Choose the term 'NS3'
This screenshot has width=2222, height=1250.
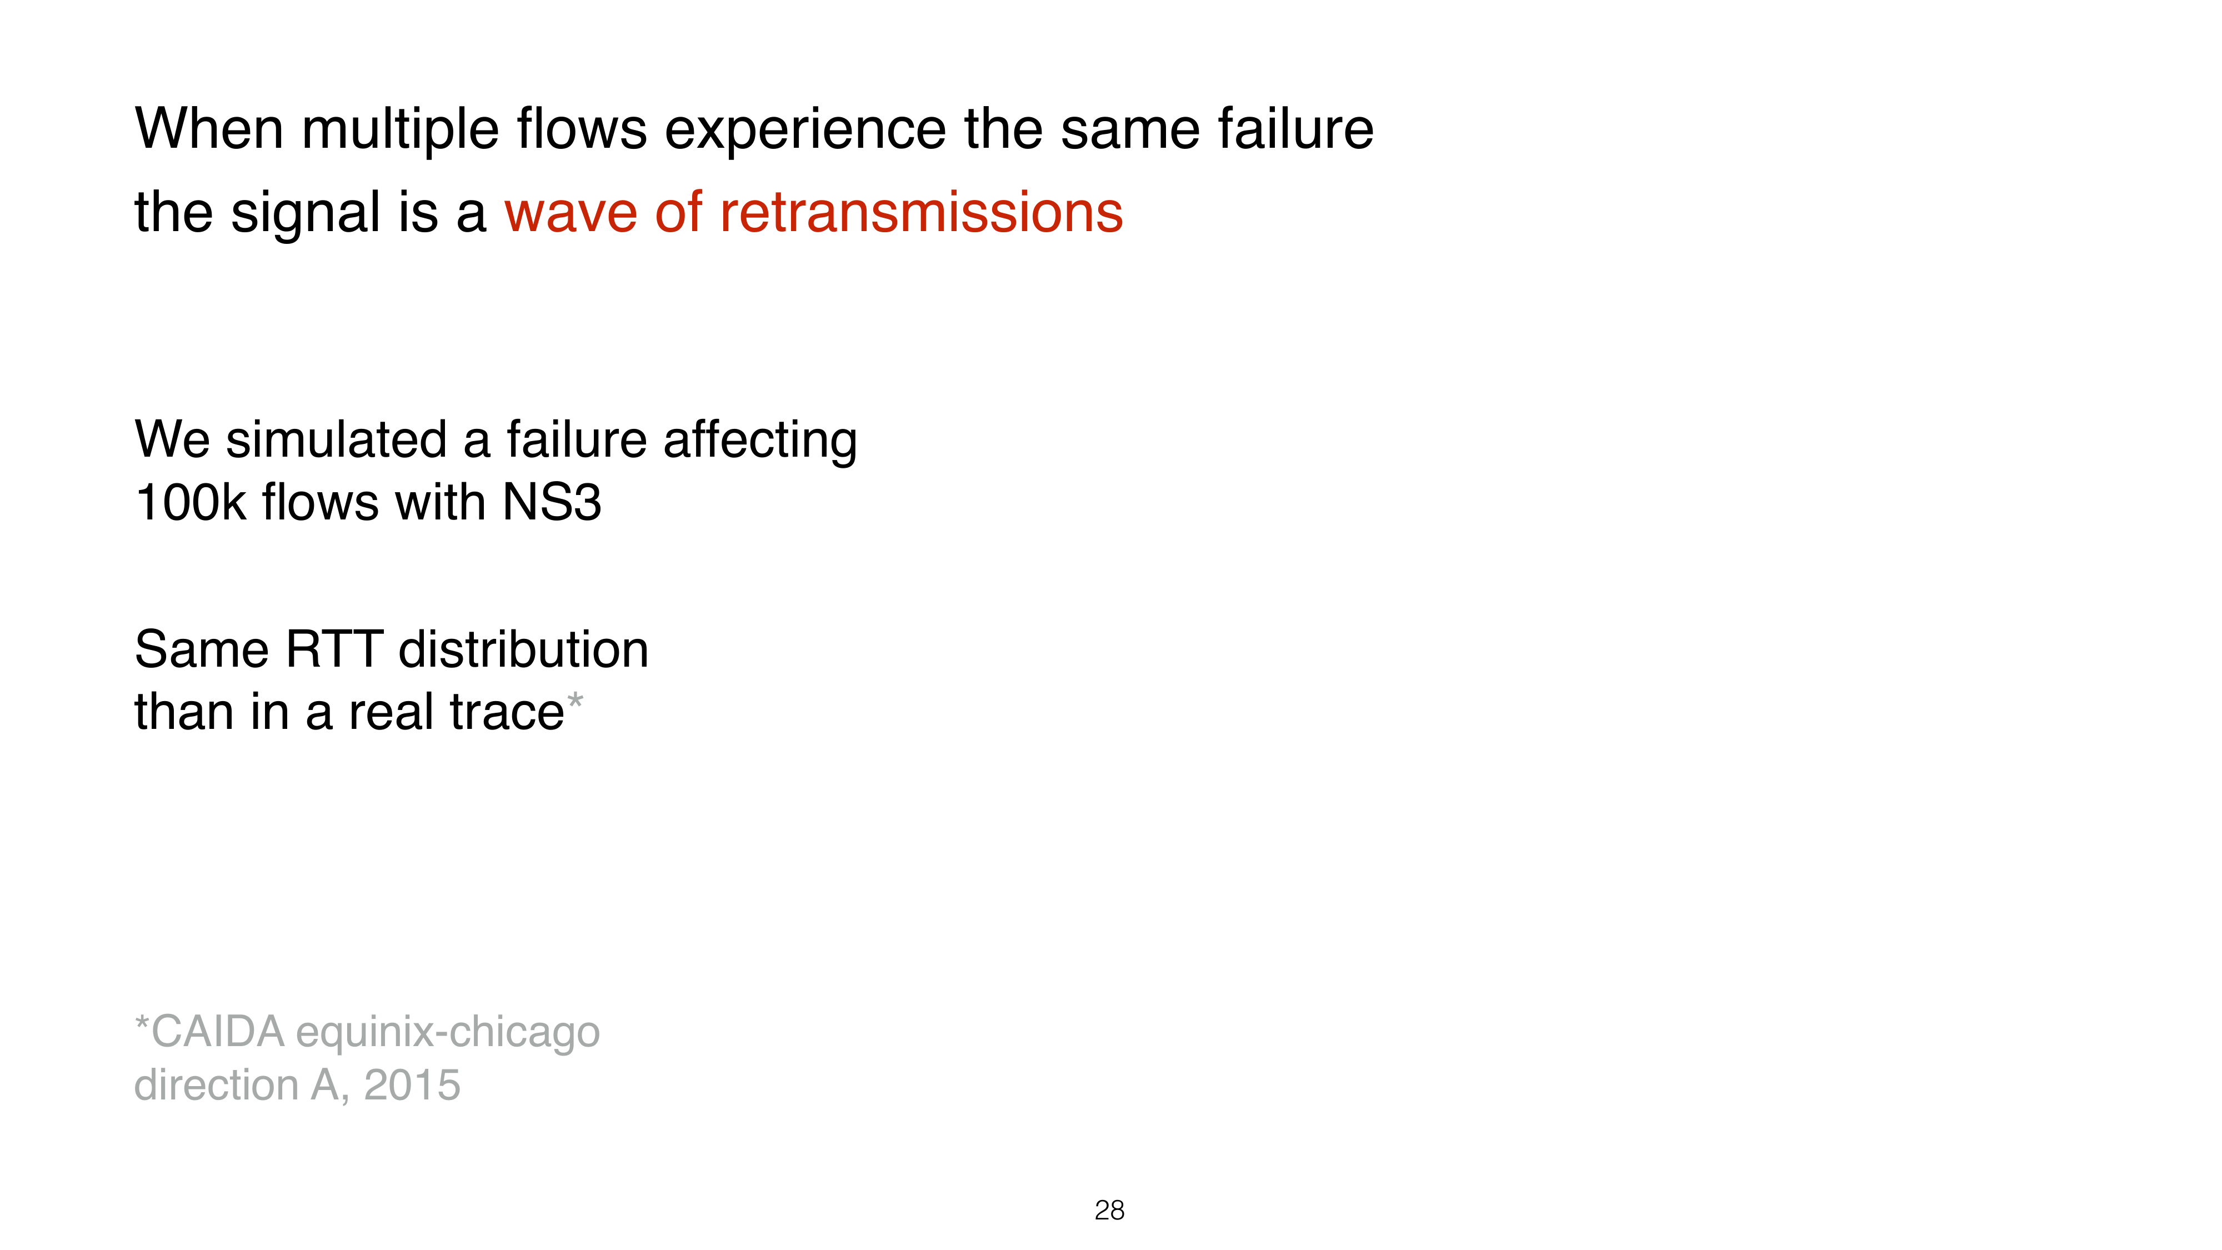point(552,502)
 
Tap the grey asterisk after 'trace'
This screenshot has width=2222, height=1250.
point(574,701)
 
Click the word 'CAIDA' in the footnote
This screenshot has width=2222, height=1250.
point(217,1032)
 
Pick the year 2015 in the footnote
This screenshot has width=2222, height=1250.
point(412,1085)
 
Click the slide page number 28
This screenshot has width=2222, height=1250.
point(1109,1211)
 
